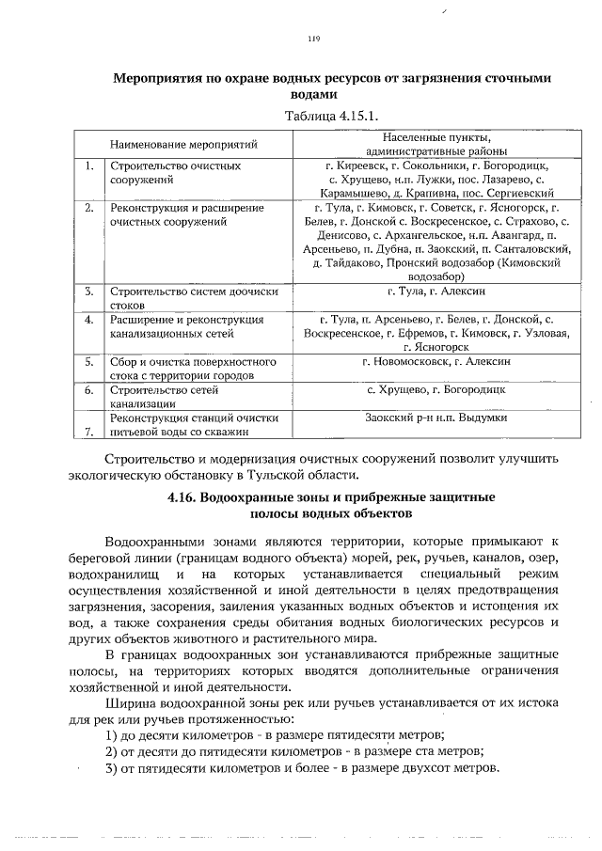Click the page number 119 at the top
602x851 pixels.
tap(314, 39)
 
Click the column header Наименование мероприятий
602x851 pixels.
tap(183, 145)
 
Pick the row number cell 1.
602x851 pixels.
tap(87, 165)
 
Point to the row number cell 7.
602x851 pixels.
tap(87, 432)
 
